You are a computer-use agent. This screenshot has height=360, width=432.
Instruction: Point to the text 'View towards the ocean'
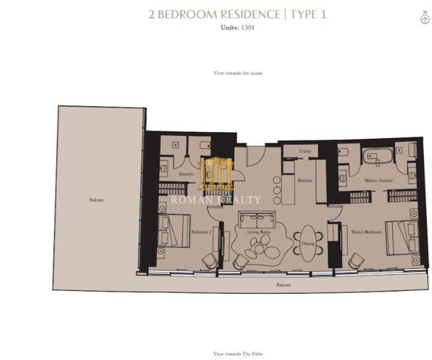[237, 72]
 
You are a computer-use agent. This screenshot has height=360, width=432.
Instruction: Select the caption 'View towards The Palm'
[237, 353]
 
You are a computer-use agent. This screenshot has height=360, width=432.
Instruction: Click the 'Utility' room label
[305, 152]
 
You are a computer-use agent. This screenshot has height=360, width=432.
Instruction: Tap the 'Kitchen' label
[305, 180]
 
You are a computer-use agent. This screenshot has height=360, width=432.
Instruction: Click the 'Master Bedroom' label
[367, 232]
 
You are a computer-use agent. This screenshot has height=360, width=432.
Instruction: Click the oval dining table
[306, 240]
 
